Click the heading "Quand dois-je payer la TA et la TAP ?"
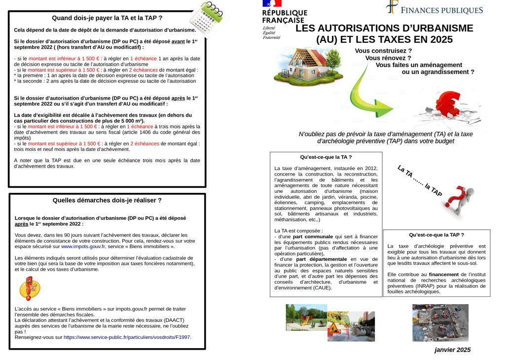point(107,18)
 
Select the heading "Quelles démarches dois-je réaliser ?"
point(107,200)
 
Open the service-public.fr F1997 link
point(127,337)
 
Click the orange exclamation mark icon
point(29,288)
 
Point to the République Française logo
point(285,20)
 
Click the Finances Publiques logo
point(434,9)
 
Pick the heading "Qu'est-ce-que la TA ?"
point(326,157)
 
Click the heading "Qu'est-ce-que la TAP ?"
point(436,235)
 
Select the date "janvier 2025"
point(452,350)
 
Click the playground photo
point(306,317)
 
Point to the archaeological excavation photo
point(440,323)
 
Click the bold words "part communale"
point(313,237)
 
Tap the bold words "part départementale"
point(322,259)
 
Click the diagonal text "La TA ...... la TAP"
point(420,181)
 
